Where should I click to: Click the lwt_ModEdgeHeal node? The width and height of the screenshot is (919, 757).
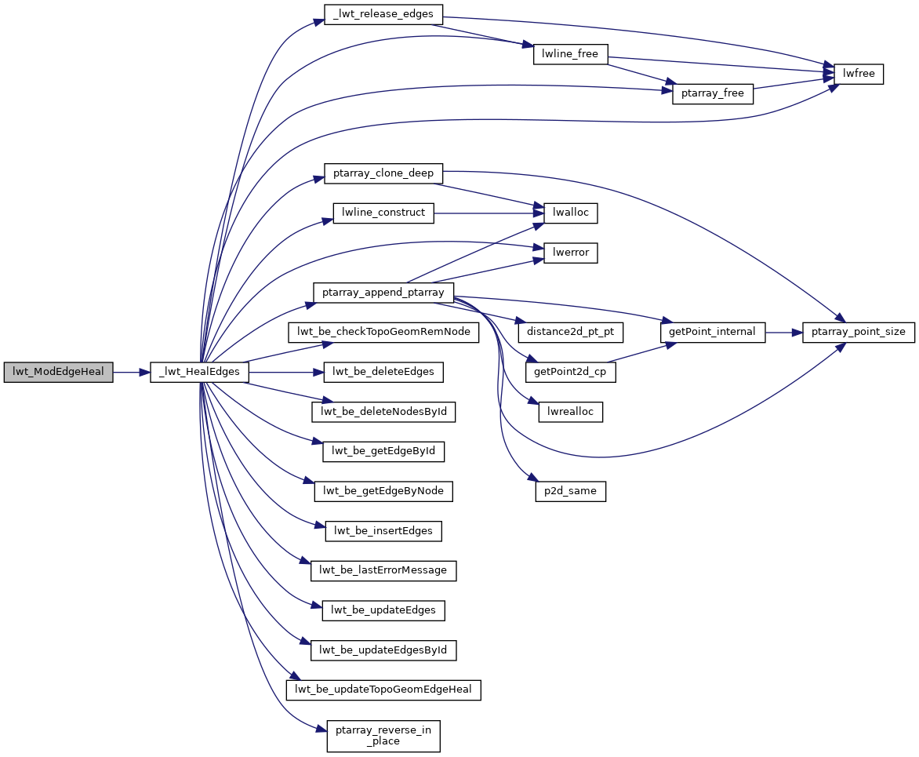point(58,373)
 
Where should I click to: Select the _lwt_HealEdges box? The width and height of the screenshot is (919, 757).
point(200,373)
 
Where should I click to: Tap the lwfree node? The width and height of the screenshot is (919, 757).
point(859,74)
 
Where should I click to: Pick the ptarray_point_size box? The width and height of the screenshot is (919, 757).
point(858,332)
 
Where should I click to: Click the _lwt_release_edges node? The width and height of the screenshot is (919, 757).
point(383,14)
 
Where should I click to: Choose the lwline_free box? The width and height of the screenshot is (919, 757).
point(570,54)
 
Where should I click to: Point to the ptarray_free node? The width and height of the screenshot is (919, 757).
point(713,94)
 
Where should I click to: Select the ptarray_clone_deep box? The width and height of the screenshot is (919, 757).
point(383,173)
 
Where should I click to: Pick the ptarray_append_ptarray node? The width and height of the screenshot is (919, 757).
point(383,293)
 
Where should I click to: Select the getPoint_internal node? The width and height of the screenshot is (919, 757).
point(713,332)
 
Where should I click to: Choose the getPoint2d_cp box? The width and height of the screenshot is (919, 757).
point(570,373)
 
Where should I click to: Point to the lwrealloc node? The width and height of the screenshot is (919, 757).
point(570,412)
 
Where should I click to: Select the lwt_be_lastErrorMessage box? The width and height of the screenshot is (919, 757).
point(383,570)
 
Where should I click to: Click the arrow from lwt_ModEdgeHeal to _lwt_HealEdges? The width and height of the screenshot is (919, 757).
point(132,373)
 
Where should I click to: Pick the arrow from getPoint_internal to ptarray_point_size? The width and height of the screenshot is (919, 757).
point(783,332)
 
